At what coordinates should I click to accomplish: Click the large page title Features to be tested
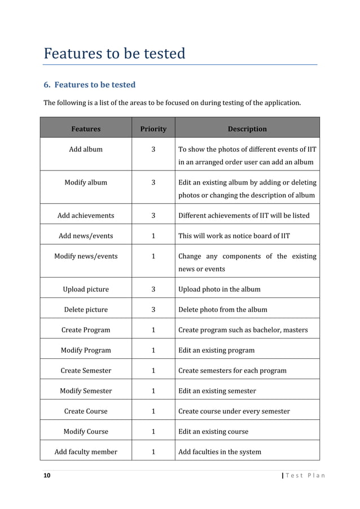[x=115, y=54]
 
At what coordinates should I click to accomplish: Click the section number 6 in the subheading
[x=47, y=85]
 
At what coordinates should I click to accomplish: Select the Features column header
[x=86, y=129]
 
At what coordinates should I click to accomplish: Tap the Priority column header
[x=153, y=129]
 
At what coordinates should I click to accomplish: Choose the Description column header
[x=247, y=129]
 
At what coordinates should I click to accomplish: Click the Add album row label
[x=86, y=150]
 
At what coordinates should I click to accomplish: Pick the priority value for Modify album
[x=153, y=182]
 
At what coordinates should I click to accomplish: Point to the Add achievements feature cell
[x=86, y=215]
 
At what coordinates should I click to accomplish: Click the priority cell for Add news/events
[x=153, y=235]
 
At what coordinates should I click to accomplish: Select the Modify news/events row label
[x=86, y=256]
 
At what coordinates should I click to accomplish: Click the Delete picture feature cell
[x=86, y=309]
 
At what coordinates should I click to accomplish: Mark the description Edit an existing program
[x=216, y=350]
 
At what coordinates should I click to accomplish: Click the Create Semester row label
[x=86, y=370]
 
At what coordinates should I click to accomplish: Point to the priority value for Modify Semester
[x=153, y=390]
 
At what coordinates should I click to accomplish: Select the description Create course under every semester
[x=234, y=411]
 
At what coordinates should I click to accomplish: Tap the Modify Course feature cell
[x=86, y=431]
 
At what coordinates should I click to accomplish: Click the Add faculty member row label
[x=86, y=451]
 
